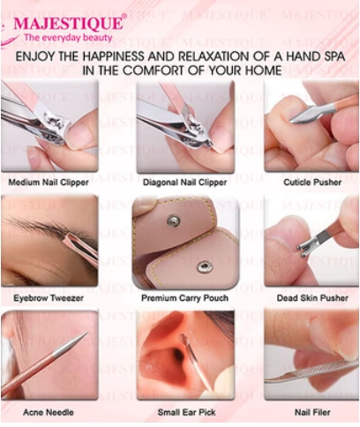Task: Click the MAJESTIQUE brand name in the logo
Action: [x=67, y=24]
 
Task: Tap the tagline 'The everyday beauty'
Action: [x=68, y=38]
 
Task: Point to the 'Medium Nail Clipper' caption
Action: [x=49, y=183]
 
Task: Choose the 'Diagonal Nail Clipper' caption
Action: [x=184, y=183]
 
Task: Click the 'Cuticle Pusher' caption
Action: [x=312, y=183]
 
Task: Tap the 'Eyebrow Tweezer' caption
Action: [x=49, y=298]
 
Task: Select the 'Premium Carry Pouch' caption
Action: [x=184, y=298]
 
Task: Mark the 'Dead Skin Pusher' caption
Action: [x=312, y=298]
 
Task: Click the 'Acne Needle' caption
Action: [x=49, y=412]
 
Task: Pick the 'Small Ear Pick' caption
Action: [x=186, y=412]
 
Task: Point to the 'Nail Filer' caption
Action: [x=312, y=412]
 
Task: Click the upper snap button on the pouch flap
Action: [x=173, y=221]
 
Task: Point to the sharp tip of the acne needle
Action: [x=86, y=333]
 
